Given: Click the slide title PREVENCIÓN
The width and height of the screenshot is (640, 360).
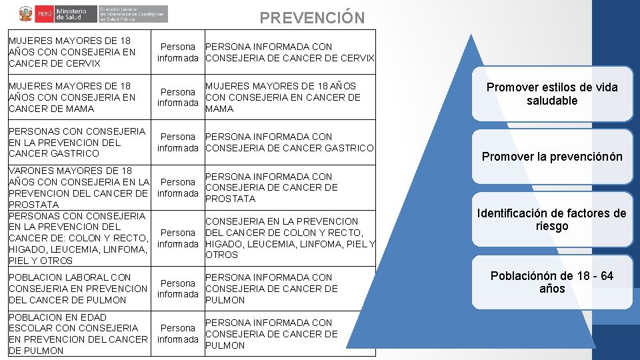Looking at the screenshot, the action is tap(312, 17).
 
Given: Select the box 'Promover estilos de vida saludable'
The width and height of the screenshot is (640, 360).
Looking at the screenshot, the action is tap(552, 94).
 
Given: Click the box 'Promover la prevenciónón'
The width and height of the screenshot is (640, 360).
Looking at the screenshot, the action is tap(552, 157).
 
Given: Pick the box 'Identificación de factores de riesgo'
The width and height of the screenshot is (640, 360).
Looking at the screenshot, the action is tap(552, 220).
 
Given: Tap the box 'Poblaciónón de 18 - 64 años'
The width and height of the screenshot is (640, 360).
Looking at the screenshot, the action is tap(552, 283).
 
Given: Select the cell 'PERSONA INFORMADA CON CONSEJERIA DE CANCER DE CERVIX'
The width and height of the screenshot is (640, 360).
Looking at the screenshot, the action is tap(289, 53).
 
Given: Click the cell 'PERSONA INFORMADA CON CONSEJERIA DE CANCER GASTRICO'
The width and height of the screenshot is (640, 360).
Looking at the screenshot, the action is tap(289, 142).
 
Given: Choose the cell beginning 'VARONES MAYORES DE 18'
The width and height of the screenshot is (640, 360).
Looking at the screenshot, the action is tap(78, 187).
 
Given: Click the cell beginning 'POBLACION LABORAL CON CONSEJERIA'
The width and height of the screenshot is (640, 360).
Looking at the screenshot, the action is tap(78, 289).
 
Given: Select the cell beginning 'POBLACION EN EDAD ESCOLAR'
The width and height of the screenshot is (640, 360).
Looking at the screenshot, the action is tap(78, 334).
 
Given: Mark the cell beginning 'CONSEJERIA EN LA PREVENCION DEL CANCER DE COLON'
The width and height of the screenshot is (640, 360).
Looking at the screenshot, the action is tap(289, 238).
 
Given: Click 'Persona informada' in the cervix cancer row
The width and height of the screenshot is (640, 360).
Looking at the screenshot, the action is tap(178, 53).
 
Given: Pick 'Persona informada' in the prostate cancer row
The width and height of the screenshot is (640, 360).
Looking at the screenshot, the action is tap(178, 187).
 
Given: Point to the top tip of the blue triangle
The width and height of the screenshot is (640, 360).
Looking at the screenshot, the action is tap(472, 35).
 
